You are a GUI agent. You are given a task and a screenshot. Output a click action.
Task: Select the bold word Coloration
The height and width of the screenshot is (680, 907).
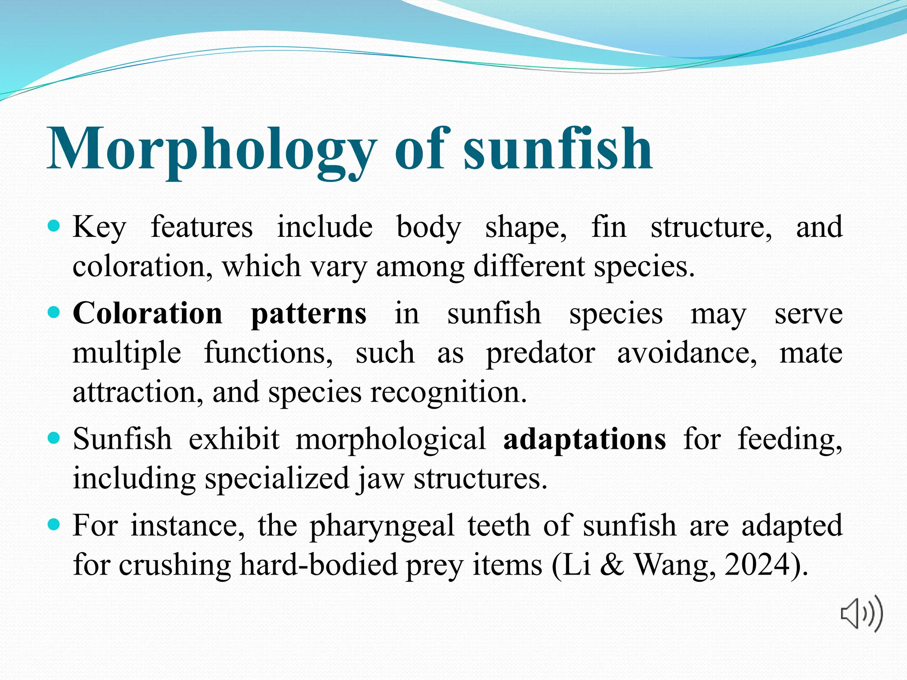[147, 313]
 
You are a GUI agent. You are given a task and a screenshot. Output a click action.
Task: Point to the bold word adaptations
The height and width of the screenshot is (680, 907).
[584, 440]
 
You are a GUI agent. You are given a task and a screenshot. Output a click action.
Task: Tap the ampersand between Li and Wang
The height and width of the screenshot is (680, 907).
[612, 564]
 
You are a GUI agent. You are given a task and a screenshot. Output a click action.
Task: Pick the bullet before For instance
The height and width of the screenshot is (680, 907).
[54, 525]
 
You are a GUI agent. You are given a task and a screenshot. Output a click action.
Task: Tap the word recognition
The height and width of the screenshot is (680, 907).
[448, 393]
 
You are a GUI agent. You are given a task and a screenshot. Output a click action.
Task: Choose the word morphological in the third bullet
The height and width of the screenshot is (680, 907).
[391, 440]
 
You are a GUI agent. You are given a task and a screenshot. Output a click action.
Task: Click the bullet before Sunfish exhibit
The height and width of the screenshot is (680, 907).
[54, 438]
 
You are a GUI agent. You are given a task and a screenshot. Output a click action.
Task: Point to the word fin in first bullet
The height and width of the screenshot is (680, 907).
[609, 227]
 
